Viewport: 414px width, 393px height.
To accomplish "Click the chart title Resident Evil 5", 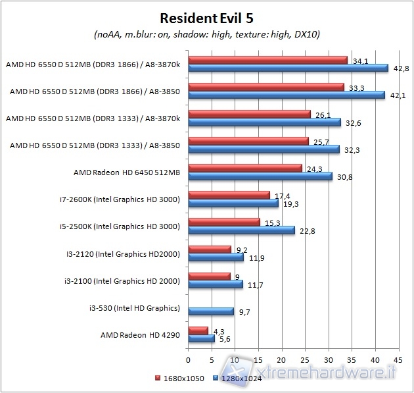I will [207, 17].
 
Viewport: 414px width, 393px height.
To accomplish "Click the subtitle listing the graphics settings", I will [207, 34].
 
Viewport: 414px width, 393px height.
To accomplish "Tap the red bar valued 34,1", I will [267, 61].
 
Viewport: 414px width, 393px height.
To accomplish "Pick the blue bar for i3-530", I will [211, 311].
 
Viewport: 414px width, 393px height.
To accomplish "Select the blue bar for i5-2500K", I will [241, 230].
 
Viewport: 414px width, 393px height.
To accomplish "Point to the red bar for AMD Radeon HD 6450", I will [245, 169].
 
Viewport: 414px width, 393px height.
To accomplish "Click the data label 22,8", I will [306, 230].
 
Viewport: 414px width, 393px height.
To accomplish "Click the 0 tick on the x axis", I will [189, 359].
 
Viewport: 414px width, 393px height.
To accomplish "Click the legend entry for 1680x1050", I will [179, 379].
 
